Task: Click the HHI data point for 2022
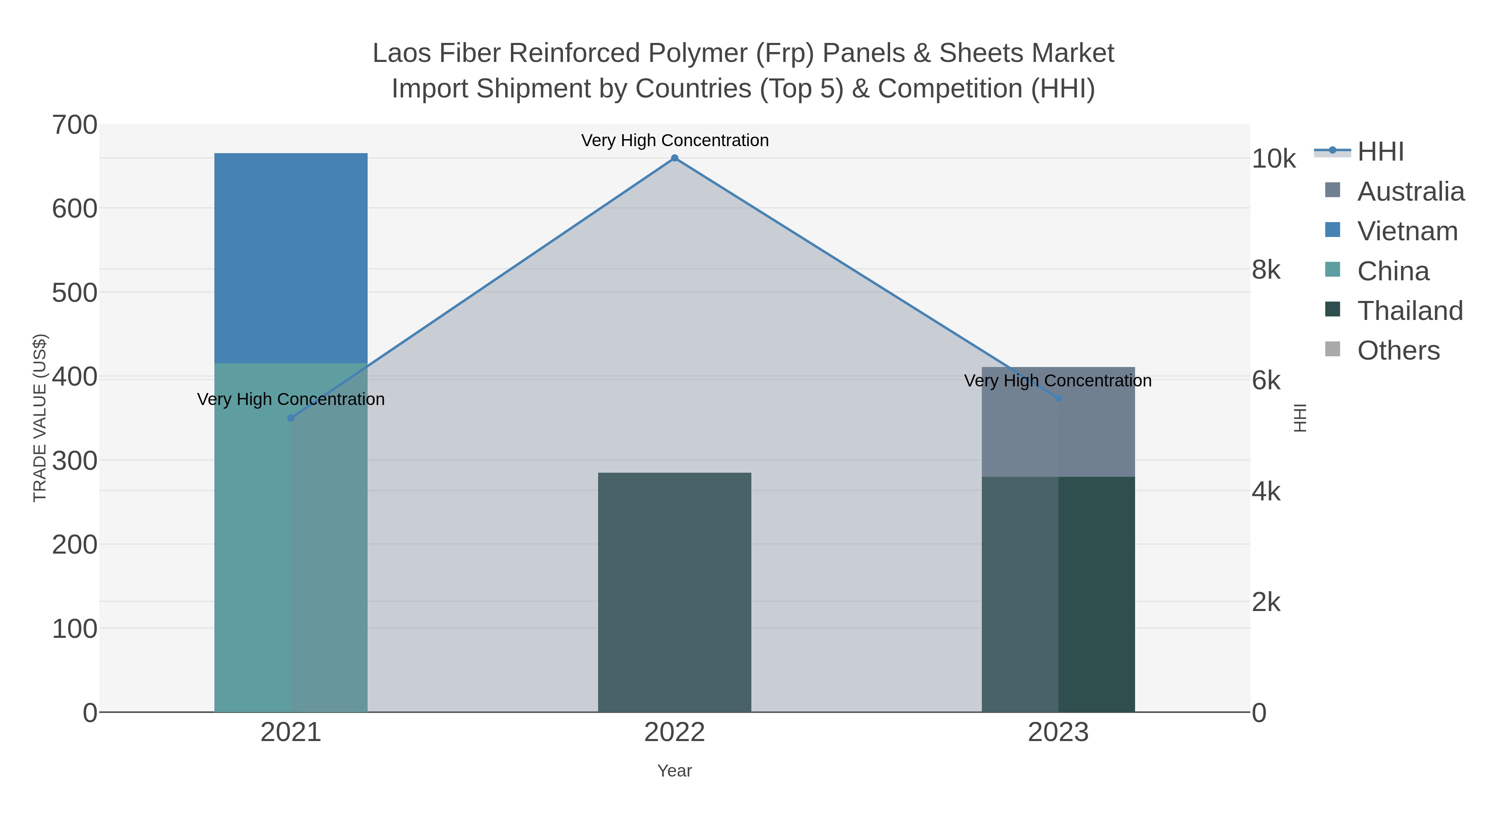click(674, 158)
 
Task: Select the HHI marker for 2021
click(291, 418)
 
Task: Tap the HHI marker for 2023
click(1058, 398)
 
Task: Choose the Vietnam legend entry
click(1407, 231)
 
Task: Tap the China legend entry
click(1392, 271)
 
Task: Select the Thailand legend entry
click(1409, 311)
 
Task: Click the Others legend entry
click(1397, 351)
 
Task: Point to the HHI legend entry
click(1380, 152)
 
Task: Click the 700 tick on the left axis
click(75, 125)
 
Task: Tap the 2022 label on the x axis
click(674, 733)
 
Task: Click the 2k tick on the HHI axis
click(1266, 602)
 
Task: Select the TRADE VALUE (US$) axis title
click(39, 418)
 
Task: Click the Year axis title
click(674, 771)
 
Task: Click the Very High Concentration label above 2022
click(674, 141)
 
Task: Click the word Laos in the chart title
click(402, 53)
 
